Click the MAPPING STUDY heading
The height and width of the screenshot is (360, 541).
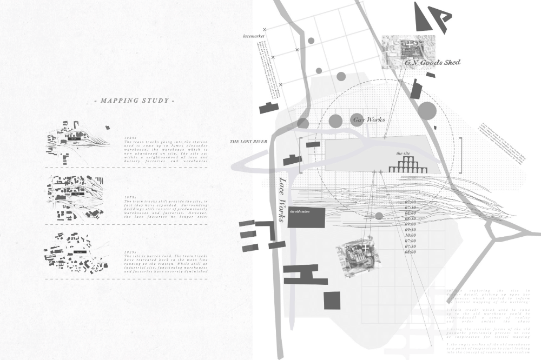tap(134, 101)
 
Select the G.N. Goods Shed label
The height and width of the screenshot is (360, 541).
tap(432, 63)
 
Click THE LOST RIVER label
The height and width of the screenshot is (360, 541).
tap(248, 142)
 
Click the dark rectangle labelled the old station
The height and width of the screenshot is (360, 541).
tap(306, 217)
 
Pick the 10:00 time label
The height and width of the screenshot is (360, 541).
tap(410, 235)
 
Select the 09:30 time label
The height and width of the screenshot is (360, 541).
tap(410, 229)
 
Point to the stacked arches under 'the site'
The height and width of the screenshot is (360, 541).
tap(408, 165)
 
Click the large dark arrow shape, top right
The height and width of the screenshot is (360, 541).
tap(431, 18)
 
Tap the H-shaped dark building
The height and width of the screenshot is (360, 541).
tap(305, 275)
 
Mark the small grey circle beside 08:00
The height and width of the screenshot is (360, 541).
tap(379, 216)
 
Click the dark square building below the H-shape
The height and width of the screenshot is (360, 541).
tap(332, 300)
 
